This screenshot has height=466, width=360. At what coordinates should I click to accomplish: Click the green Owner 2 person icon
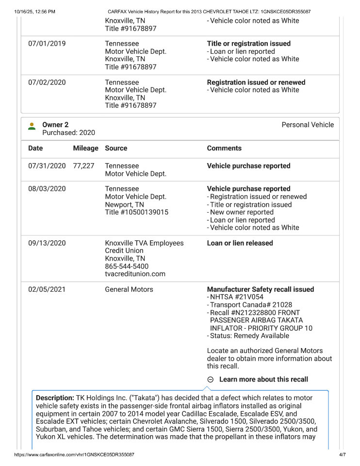click(32, 126)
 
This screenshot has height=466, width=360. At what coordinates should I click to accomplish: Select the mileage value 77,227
click(83, 166)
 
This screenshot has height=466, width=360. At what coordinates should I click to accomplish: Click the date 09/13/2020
click(47, 243)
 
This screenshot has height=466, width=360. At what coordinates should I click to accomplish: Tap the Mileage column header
click(85, 148)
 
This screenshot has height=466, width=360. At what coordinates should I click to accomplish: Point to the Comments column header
click(224, 148)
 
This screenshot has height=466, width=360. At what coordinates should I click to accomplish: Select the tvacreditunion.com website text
click(135, 274)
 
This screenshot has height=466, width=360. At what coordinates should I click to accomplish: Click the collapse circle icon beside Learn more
click(211, 380)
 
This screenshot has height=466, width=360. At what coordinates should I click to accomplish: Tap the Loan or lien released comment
click(240, 243)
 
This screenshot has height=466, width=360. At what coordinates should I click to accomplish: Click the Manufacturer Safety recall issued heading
click(260, 289)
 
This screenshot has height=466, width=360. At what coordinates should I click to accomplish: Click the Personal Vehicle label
click(308, 125)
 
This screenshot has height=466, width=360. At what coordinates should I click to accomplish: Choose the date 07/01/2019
click(47, 44)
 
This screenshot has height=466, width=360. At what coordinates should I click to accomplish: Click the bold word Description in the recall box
click(55, 398)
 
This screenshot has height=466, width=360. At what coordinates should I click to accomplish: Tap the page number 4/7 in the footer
click(342, 455)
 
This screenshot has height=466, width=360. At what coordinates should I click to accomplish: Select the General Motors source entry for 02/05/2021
click(129, 289)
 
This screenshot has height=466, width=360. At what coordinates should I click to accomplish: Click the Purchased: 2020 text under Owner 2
click(68, 133)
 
